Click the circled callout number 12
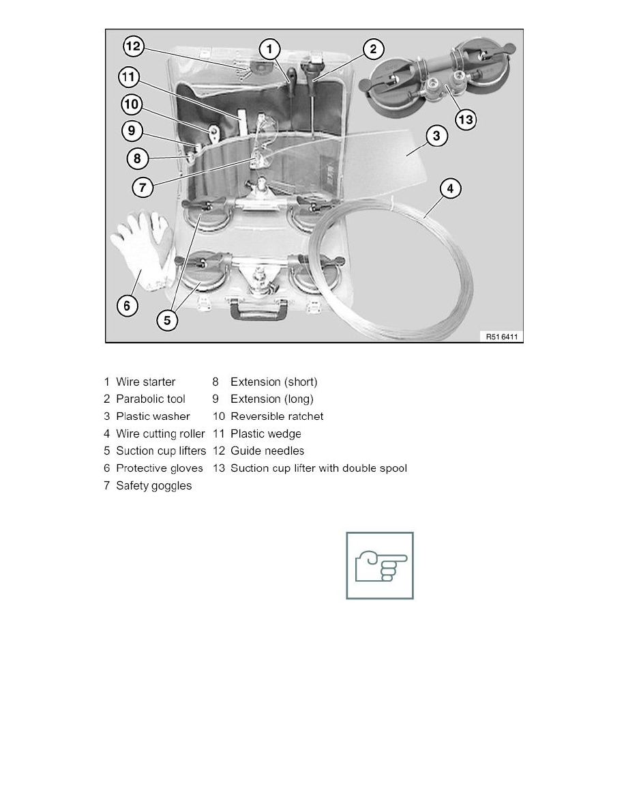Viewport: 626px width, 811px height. click(132, 46)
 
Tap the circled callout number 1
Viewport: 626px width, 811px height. click(271, 48)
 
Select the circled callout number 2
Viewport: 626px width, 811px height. click(373, 49)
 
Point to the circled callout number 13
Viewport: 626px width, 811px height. click(466, 120)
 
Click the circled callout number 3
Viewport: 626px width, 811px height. click(437, 136)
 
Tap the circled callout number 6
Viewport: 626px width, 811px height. click(127, 305)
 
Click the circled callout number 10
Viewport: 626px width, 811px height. click(132, 104)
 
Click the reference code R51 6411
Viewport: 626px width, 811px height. click(501, 336)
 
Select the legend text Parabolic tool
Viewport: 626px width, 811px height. click(150, 399)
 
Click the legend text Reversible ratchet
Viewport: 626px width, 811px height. click(277, 416)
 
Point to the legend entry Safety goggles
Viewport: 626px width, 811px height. click(153, 485)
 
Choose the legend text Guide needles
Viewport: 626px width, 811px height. click(267, 451)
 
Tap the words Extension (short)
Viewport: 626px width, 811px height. click(273, 382)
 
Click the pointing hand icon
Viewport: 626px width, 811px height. click(380, 565)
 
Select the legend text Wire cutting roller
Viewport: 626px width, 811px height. click(160, 433)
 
